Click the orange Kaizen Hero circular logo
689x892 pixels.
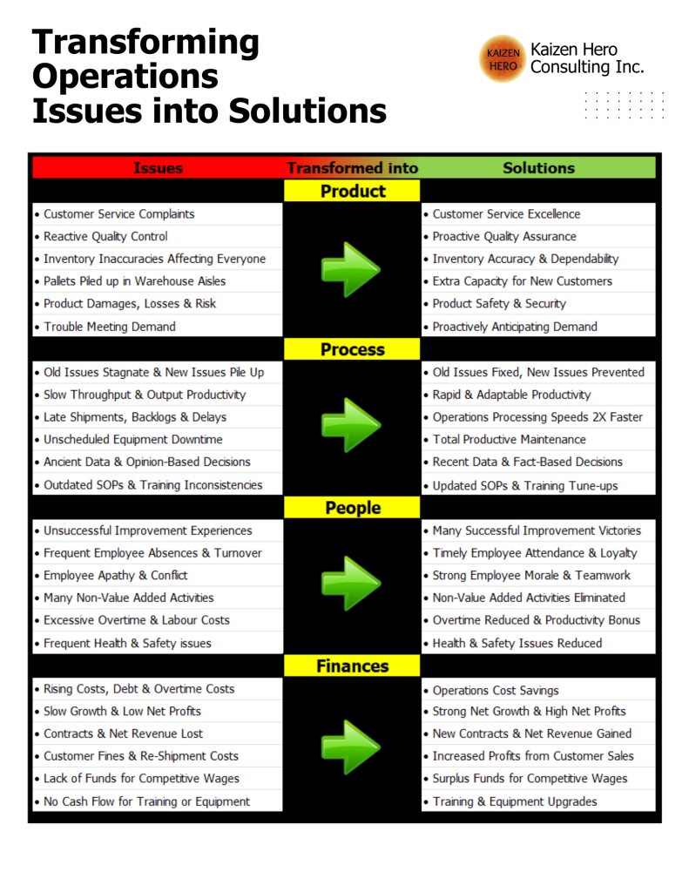point(503,59)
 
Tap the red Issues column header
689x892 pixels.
point(159,168)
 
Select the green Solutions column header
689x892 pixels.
point(538,168)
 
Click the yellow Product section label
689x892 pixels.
point(352,191)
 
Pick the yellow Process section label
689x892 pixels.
point(352,349)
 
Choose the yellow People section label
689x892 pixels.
point(352,508)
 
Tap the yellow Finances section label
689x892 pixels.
point(352,666)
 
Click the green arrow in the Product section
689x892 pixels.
point(350,270)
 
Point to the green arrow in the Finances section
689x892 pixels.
point(350,747)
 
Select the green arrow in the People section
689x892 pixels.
point(350,584)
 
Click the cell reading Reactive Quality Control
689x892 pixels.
point(158,236)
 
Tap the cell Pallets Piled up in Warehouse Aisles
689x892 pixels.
point(158,281)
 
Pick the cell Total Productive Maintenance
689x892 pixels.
point(538,439)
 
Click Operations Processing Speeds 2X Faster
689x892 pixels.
point(538,417)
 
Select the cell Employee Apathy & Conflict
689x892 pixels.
point(158,575)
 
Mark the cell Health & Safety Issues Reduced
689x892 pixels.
point(538,643)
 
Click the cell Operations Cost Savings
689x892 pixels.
point(538,690)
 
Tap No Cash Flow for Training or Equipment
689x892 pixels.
point(158,801)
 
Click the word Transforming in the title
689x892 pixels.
point(145,44)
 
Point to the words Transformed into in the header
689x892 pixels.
point(352,168)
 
